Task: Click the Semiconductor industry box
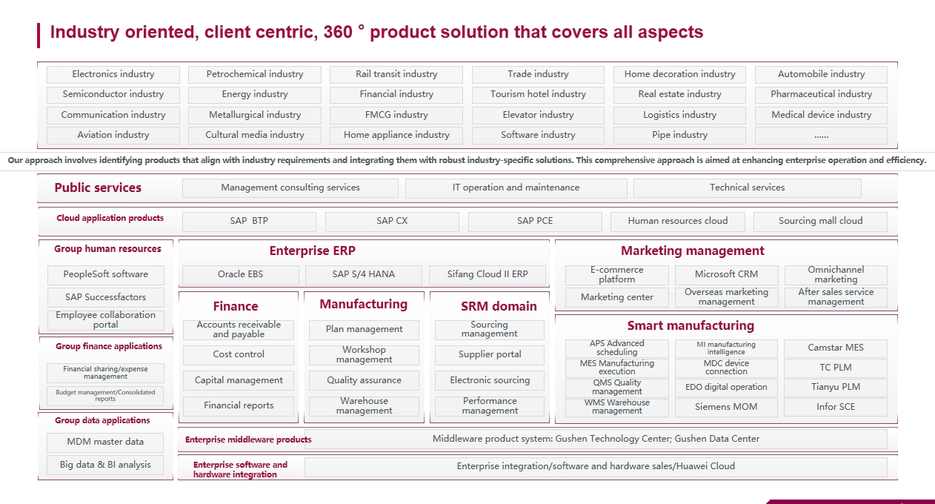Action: [113, 94]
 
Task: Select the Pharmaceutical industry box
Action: [821, 94]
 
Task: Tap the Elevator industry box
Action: [538, 115]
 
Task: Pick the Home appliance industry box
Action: [396, 135]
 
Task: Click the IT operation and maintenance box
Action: [516, 188]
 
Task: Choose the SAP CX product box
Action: [392, 221]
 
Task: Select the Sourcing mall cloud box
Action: [820, 221]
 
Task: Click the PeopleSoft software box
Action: [105, 274]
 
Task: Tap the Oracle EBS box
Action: [241, 274]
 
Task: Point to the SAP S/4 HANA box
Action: [363, 274]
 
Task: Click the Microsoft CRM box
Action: [726, 274]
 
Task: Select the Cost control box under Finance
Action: [239, 354]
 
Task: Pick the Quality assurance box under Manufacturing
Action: [364, 380]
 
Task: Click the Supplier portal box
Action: [490, 354]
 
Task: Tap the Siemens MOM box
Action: [726, 407]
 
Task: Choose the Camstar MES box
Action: [836, 348]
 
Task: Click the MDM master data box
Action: [105, 442]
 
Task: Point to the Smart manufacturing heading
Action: [691, 325]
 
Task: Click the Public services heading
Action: [98, 188]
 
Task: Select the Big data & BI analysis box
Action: [105, 465]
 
